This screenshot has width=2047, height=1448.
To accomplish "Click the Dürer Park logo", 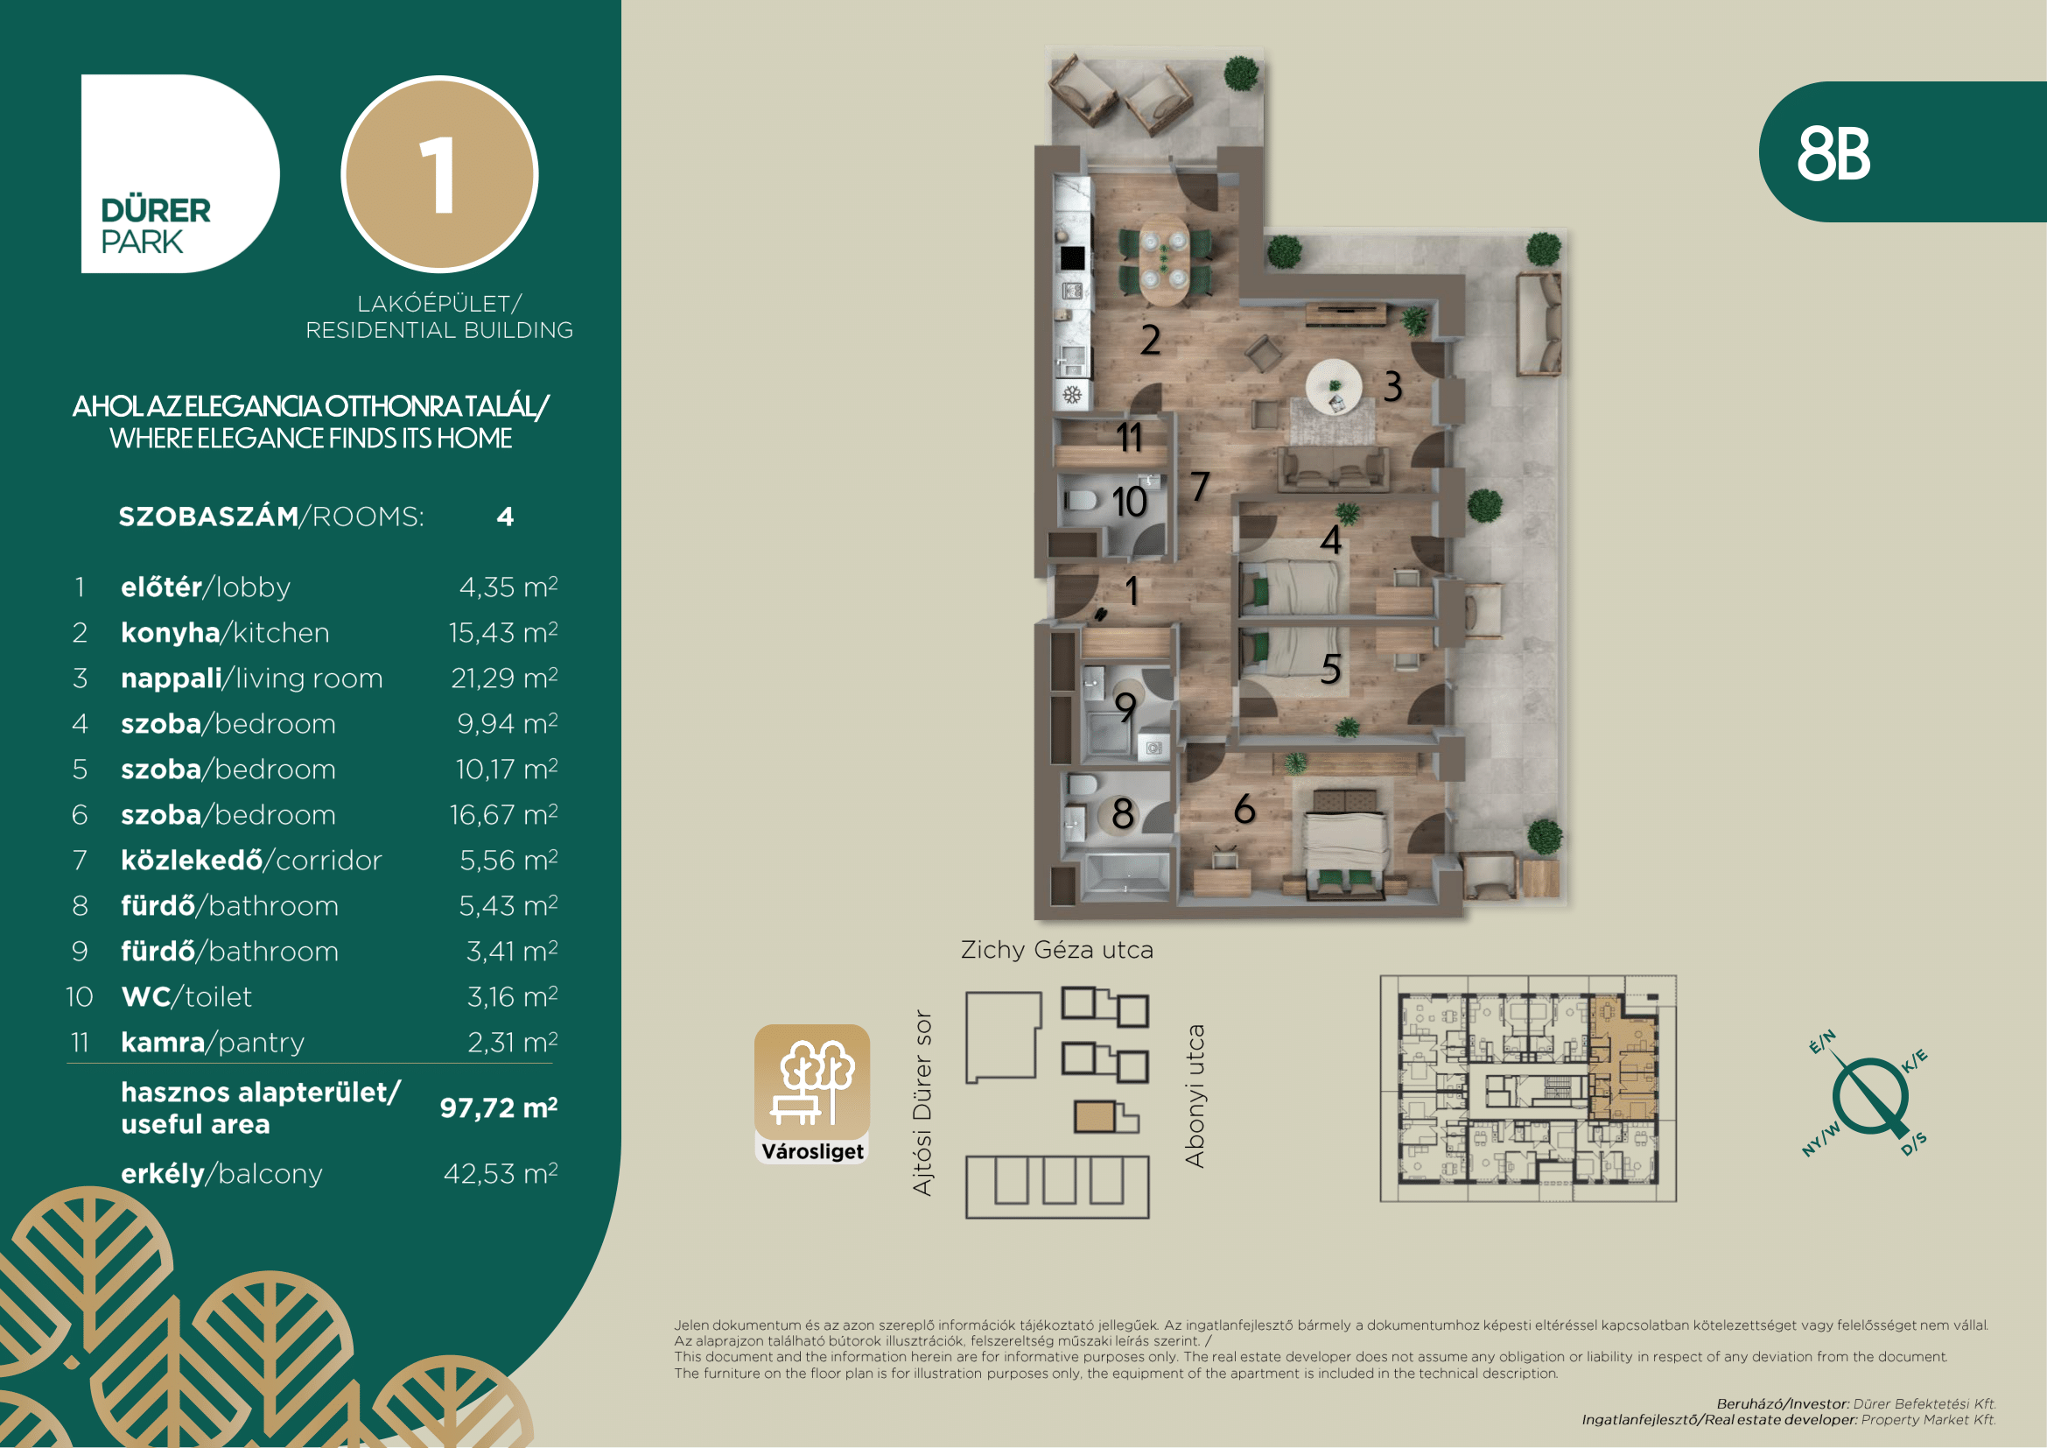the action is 180,174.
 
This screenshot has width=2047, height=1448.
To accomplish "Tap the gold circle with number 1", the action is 439,174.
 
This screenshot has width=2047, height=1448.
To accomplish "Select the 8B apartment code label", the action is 1833,153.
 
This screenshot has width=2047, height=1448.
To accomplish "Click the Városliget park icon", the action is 812,1094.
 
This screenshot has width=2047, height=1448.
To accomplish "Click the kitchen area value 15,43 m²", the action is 503,632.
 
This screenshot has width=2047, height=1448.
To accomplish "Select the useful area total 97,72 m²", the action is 498,1107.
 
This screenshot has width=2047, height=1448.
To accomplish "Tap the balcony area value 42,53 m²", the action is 501,1173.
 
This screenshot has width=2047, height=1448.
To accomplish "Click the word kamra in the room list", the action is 163,1042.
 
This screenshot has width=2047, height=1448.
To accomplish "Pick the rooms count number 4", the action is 506,517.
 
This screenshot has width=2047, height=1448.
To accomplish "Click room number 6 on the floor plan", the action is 1244,809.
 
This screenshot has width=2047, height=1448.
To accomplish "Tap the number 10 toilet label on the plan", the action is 1130,502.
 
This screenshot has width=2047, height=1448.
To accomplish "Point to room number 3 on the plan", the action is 1392,386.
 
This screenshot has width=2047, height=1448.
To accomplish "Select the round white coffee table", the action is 1334,386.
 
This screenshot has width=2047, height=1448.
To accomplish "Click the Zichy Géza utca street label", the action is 1056,950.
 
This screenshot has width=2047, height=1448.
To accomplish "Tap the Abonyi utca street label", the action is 1195,1095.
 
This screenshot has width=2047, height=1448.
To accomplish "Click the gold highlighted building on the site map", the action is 1096,1116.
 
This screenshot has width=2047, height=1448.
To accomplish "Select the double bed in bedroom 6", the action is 1345,840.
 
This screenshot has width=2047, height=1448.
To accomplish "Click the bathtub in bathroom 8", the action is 1125,873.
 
